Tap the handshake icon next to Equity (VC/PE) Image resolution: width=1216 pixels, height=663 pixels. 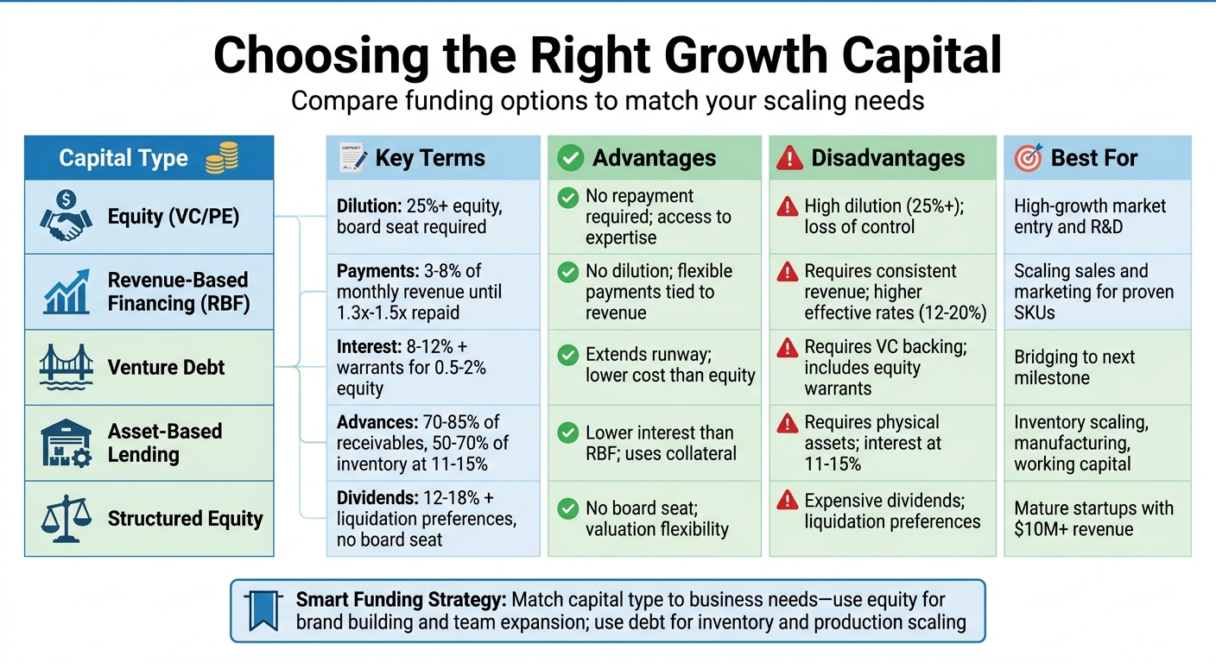click(66, 216)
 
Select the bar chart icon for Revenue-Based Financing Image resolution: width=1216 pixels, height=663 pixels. click(66, 291)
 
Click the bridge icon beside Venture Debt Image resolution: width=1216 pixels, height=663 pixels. click(66, 368)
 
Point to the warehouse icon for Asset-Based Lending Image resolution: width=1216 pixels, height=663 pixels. click(66, 443)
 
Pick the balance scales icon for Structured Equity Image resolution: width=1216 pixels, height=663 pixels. click(66, 519)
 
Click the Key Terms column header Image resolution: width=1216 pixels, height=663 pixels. click(429, 158)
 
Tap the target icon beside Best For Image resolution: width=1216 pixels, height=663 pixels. click(1028, 157)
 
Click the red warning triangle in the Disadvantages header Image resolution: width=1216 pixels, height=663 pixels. click(789, 158)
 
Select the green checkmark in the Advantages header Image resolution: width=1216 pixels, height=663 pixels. click(570, 158)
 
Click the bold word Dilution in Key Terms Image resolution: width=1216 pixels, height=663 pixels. click(367, 206)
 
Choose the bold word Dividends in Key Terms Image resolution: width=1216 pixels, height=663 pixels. click(374, 498)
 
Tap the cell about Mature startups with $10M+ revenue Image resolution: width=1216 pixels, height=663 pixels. click(1093, 519)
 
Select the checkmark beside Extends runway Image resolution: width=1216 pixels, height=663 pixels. click(567, 355)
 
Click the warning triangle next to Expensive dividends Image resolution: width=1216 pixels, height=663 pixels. click(787, 500)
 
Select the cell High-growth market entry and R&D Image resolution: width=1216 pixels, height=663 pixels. click(1090, 217)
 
